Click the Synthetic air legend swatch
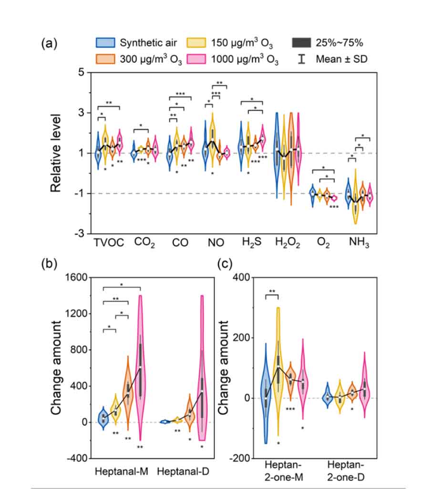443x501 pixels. tap(105, 43)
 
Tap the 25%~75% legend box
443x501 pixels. tap(301, 43)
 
